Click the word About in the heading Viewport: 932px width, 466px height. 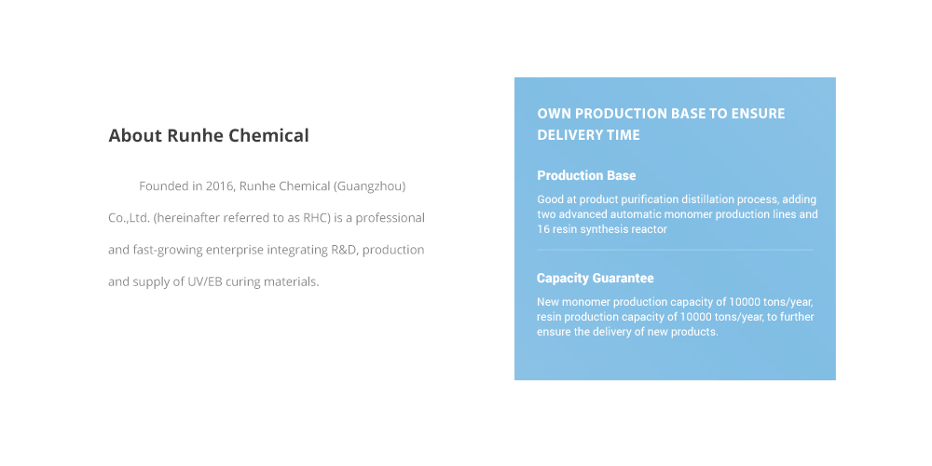point(135,135)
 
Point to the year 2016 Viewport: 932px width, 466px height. point(219,186)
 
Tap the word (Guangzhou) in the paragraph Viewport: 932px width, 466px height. point(369,186)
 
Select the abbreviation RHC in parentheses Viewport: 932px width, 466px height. point(315,218)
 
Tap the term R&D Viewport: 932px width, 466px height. point(344,250)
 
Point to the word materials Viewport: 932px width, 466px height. point(291,281)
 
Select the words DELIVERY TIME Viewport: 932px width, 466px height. point(588,135)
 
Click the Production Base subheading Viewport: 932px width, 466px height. point(586,175)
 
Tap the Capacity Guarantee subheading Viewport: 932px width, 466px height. point(595,278)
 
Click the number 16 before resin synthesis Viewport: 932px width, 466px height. point(542,229)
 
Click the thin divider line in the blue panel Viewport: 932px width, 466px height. point(675,250)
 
